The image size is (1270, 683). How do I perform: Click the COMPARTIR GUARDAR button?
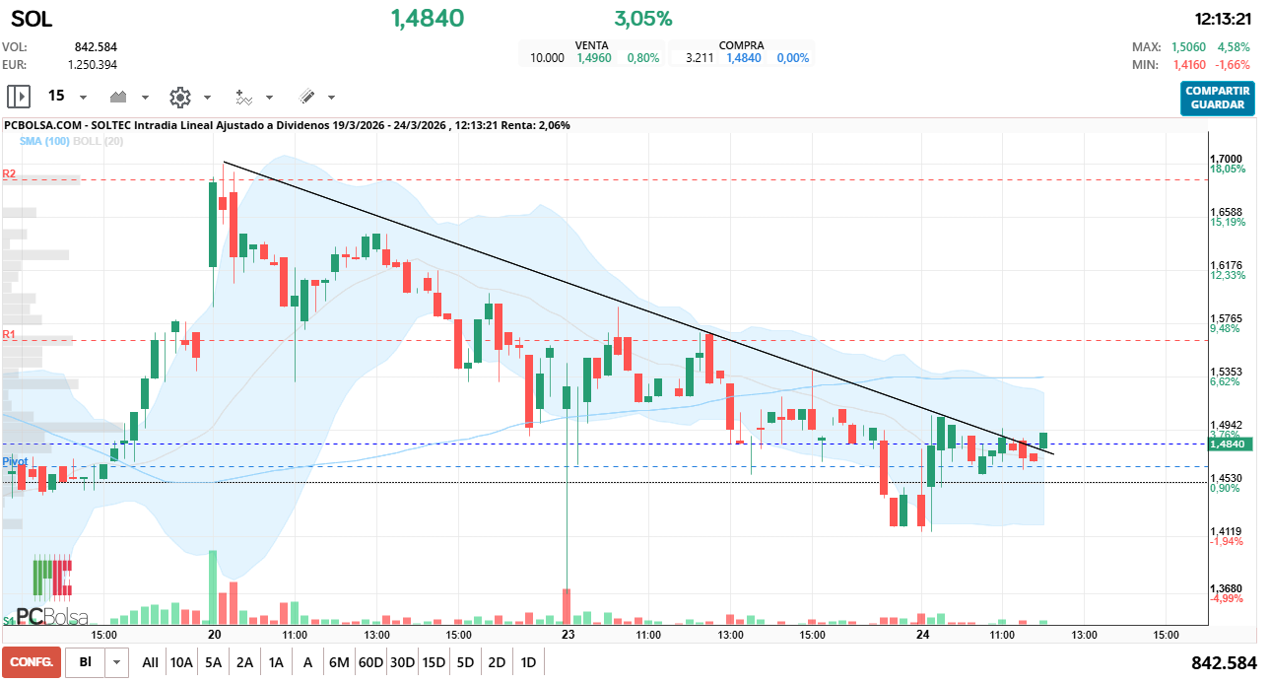pyautogui.click(x=1217, y=98)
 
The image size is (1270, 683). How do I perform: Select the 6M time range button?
pyautogui.click(x=339, y=662)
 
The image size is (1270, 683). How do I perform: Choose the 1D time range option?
pyautogui.click(x=528, y=662)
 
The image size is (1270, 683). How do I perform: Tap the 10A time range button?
pyautogui.click(x=181, y=662)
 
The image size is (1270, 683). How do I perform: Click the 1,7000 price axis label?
pyautogui.click(x=1226, y=159)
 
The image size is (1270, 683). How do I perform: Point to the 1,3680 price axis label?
pyautogui.click(x=1226, y=588)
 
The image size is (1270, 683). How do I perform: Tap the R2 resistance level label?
pyautogui.click(x=9, y=173)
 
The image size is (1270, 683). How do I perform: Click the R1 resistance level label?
pyautogui.click(x=9, y=335)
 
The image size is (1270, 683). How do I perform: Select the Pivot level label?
pyautogui.click(x=14, y=461)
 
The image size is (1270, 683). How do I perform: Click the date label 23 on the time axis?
pyautogui.click(x=567, y=636)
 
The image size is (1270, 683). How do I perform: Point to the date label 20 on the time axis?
pyautogui.click(x=214, y=636)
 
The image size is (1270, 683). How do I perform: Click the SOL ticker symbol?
pyautogui.click(x=32, y=19)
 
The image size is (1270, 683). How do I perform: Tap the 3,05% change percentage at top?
pyautogui.click(x=642, y=19)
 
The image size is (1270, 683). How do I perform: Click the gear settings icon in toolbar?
pyautogui.click(x=179, y=97)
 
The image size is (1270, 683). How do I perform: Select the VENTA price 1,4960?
pyautogui.click(x=593, y=58)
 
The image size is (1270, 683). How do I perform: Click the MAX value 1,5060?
pyautogui.click(x=1188, y=47)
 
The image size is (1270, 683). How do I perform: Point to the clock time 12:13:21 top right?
pyautogui.click(x=1222, y=19)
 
